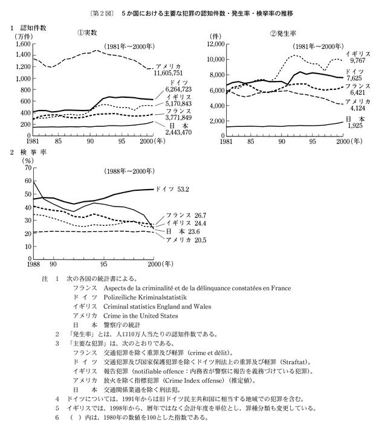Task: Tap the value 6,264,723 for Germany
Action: click(x=175, y=89)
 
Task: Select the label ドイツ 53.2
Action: click(x=172, y=189)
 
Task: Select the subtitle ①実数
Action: click(x=83, y=33)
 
